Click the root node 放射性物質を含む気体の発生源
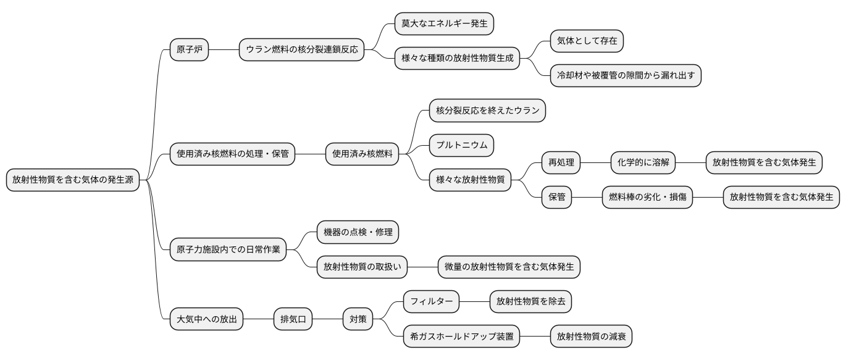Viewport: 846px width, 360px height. (73, 180)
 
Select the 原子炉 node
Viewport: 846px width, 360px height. (189, 49)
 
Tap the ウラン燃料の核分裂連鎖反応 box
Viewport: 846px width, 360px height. (301, 49)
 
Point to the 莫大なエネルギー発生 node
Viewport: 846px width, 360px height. (444, 23)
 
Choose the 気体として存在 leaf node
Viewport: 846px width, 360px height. (587, 41)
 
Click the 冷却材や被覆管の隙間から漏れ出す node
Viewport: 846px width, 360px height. (626, 75)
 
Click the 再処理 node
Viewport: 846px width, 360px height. (561, 163)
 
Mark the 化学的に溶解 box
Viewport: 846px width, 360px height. (643, 163)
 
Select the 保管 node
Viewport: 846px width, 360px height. (557, 198)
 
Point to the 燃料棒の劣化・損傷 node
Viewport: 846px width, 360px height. (647, 198)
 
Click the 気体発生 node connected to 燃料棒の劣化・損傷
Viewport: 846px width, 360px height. (781, 198)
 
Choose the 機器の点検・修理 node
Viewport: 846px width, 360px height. (358, 232)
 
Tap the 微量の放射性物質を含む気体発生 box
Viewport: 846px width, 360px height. (509, 267)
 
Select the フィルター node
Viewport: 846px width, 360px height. (431, 302)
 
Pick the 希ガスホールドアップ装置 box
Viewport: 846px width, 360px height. (461, 337)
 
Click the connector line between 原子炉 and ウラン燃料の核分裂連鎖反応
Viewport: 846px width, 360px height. (224, 49)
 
